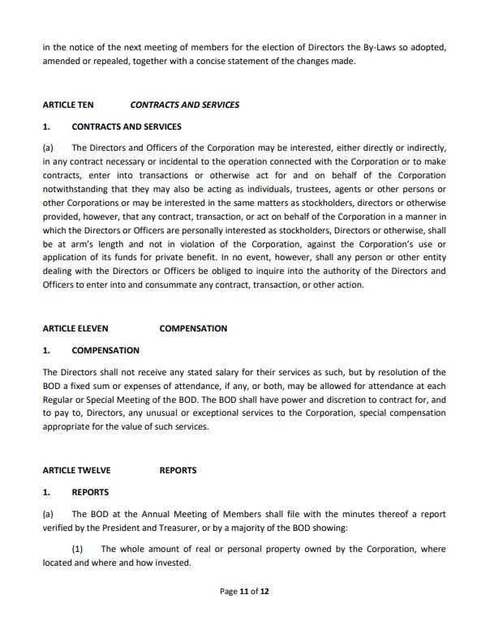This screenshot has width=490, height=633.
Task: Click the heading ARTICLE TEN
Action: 68,105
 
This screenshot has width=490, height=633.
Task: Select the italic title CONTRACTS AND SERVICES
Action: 184,105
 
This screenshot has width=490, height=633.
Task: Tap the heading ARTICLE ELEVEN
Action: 75,328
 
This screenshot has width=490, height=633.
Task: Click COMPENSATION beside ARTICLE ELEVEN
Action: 193,328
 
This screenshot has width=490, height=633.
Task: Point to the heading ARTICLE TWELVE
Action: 76,470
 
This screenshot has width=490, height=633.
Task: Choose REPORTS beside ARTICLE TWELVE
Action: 178,470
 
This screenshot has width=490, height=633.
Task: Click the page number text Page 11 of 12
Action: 244,592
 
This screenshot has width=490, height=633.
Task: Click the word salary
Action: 221,372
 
